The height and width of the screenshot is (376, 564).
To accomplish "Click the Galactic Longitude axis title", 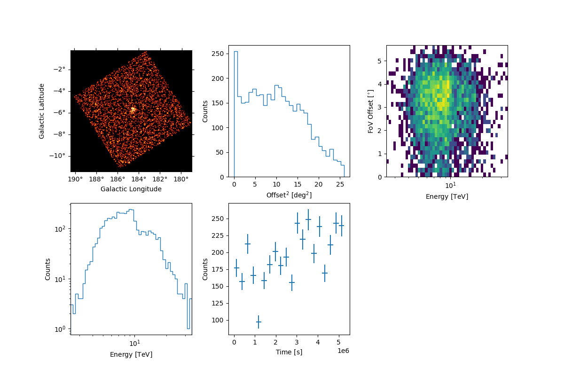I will tap(131, 189).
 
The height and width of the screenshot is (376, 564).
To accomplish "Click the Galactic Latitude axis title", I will tap(42, 111).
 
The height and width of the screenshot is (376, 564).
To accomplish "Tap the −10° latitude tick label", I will tap(59, 156).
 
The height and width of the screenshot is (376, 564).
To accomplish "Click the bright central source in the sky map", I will tap(133, 110).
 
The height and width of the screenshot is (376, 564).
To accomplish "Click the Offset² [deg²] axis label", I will tap(289, 195).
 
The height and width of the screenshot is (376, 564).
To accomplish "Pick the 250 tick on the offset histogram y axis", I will tap(217, 54).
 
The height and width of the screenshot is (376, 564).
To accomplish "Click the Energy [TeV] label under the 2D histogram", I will tap(446, 196).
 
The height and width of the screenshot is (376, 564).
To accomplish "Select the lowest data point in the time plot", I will tap(258, 322).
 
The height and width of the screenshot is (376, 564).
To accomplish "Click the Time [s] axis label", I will tap(289, 352).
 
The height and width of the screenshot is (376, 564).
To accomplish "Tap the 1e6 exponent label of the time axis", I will tap(343, 351).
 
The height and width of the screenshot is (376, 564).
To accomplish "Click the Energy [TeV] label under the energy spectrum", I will tap(131, 354).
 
